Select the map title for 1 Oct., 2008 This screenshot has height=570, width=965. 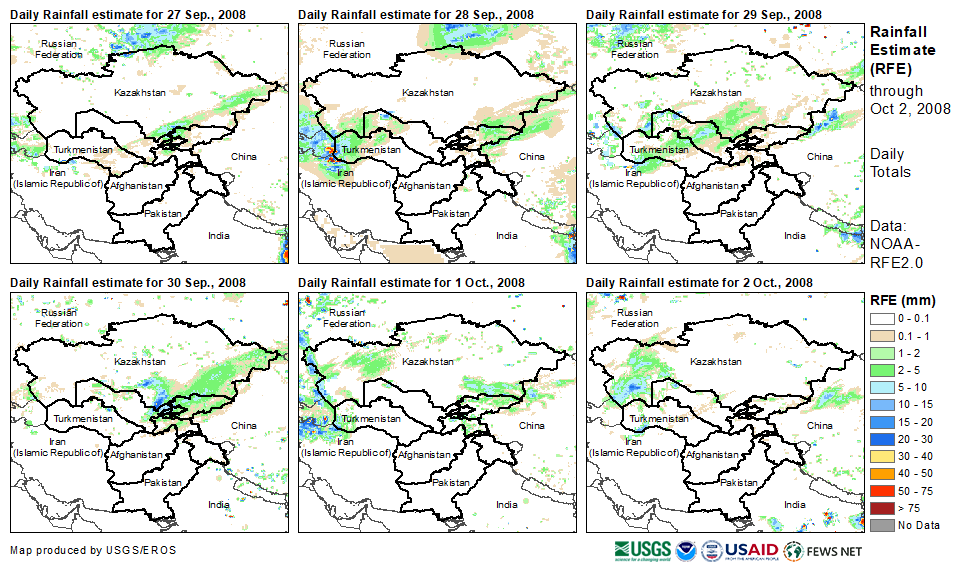click(x=411, y=284)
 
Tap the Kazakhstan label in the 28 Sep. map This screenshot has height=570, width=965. click(x=428, y=93)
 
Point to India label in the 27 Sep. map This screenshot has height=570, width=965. click(x=217, y=236)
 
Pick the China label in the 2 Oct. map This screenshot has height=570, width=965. click(x=819, y=425)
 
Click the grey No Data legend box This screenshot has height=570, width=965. click(x=883, y=525)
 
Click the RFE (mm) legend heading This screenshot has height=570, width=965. click(x=903, y=300)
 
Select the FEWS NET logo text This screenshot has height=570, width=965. click(x=836, y=551)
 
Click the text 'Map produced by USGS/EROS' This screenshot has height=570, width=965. click(x=76, y=551)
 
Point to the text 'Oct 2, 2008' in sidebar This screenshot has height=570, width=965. click(x=909, y=109)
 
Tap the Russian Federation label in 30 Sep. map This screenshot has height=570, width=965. click(x=59, y=318)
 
